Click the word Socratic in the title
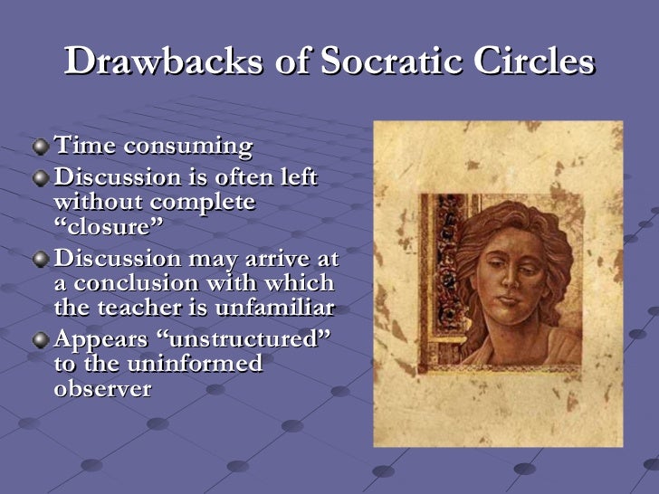click(x=385, y=62)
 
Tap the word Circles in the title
click(x=534, y=62)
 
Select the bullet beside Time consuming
click(x=42, y=146)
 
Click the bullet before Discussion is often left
click(x=42, y=176)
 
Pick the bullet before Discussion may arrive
click(x=42, y=258)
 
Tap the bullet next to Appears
click(x=42, y=339)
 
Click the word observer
click(x=102, y=389)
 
